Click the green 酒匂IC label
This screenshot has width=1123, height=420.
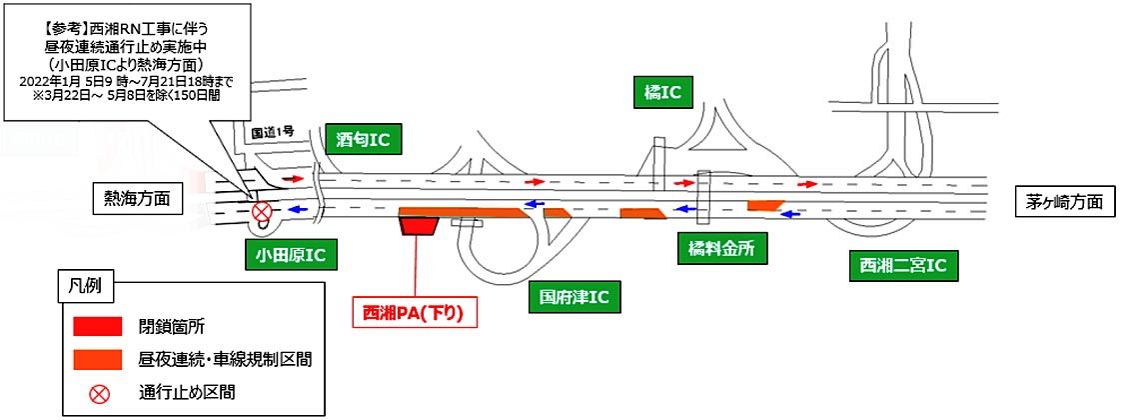pos(364,139)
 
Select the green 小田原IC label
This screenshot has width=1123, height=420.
pos(290,256)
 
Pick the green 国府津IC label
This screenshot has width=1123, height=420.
pos(573,296)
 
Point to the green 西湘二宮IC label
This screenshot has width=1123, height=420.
pos(896,266)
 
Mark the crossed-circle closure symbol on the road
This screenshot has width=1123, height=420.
pos(262,212)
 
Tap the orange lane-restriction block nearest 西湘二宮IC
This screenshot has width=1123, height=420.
pos(766,205)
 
